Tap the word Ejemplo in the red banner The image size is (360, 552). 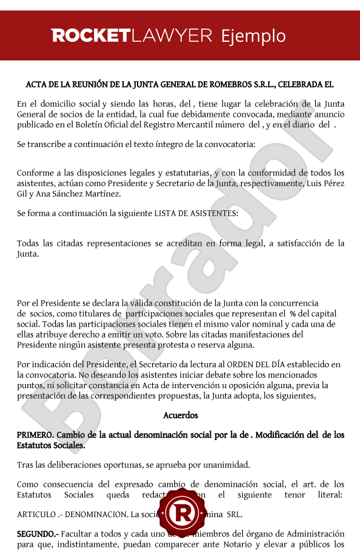tap(254, 36)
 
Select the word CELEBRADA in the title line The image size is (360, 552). tap(307, 84)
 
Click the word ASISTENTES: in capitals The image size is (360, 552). tap(210, 213)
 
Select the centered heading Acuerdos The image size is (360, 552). tap(181, 415)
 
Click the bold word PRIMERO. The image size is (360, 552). tap(35, 435)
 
